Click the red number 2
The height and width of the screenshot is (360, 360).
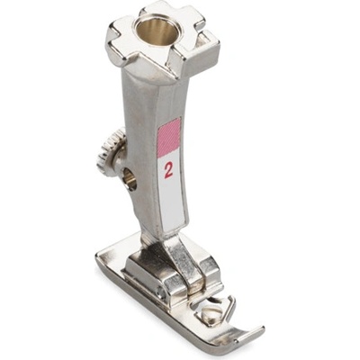[x=168, y=171]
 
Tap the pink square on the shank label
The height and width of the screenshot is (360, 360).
[x=169, y=137]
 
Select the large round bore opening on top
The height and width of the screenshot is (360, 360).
[x=155, y=31]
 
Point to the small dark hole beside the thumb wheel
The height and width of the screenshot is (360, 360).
[x=130, y=179]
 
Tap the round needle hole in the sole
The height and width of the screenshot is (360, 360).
[x=210, y=311]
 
